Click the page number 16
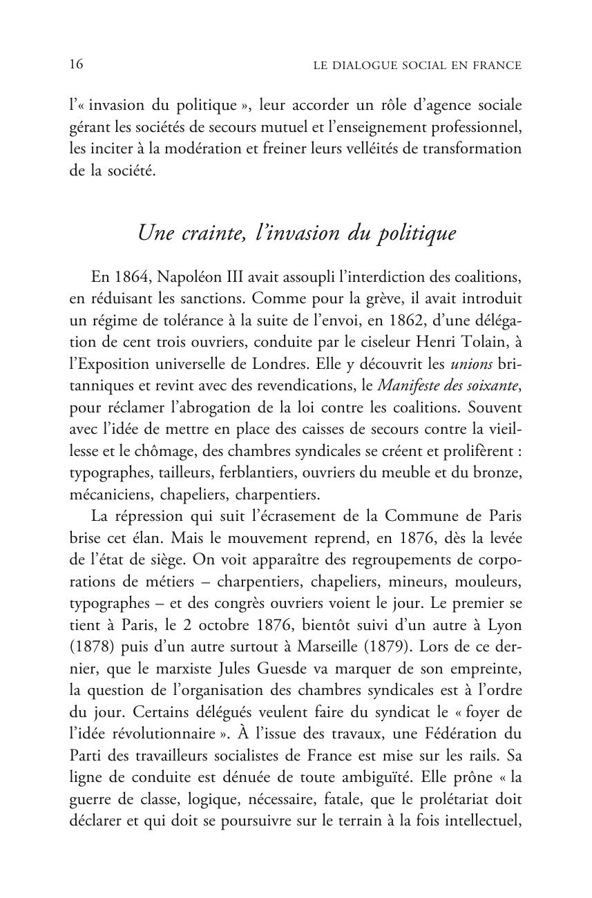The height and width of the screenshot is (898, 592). (x=76, y=65)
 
